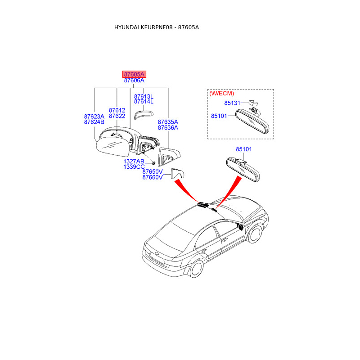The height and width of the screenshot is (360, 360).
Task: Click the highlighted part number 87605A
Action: click(x=135, y=74)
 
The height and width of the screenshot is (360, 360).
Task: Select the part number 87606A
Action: click(x=134, y=81)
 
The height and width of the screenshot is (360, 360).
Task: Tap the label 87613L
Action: click(x=144, y=97)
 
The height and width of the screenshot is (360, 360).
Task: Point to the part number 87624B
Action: click(x=94, y=122)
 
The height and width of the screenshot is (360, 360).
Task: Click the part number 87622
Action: click(x=117, y=116)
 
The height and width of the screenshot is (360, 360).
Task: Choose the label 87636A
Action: click(x=168, y=127)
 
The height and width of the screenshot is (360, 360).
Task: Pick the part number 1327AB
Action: click(x=134, y=161)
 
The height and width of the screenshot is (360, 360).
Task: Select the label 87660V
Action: click(x=153, y=178)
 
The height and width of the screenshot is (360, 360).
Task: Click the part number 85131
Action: click(x=233, y=103)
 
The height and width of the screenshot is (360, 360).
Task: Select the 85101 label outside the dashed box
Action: click(x=244, y=149)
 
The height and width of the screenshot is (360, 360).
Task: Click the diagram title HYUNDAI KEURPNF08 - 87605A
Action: click(x=157, y=27)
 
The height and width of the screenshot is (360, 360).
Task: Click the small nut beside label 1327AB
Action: click(x=153, y=162)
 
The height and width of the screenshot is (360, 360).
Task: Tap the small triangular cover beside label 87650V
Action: click(x=178, y=173)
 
